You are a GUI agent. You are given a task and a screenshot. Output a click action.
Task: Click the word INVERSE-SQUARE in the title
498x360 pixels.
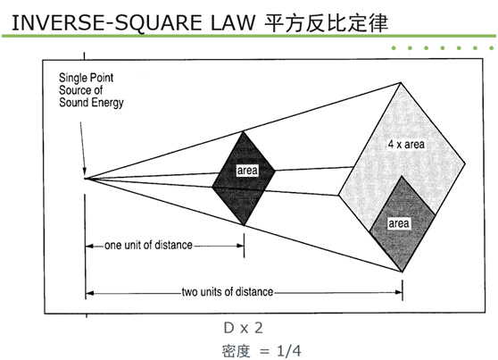coord(106,23)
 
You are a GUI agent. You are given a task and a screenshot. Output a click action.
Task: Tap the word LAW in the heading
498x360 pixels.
coord(233,23)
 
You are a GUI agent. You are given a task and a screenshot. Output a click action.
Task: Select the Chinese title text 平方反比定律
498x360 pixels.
coord(326,23)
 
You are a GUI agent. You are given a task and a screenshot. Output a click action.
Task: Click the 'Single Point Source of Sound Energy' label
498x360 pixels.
coord(91,90)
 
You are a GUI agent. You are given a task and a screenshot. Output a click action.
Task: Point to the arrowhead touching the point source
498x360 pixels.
coord(84,172)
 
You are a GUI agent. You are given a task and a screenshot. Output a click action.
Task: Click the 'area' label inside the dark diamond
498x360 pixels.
coord(247,171)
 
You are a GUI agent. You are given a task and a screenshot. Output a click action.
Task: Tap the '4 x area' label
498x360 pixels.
coord(406,145)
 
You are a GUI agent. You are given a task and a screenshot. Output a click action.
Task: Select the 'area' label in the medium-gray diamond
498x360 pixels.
coord(399,223)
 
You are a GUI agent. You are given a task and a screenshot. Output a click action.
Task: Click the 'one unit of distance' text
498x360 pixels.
coord(149,245)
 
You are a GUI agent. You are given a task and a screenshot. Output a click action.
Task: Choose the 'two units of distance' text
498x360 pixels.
coord(228,292)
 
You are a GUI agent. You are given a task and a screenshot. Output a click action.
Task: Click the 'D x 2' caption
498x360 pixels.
coord(244,328)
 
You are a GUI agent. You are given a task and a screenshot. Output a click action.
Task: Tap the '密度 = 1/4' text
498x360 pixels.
coord(261,351)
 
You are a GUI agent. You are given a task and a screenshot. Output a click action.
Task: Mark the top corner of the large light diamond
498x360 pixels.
coord(401,83)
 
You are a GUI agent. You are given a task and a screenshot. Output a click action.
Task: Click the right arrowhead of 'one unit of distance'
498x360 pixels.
coord(240,246)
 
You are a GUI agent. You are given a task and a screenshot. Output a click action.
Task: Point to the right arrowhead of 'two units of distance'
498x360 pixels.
coord(399,292)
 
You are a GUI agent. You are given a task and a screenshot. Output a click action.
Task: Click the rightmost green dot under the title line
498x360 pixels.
coord(492,48)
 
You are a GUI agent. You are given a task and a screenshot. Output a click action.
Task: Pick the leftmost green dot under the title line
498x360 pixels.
coord(394,48)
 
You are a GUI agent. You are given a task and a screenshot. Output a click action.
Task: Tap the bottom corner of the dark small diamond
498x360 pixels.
coord(244,225)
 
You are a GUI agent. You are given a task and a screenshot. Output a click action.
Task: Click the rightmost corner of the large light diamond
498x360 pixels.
coord(465,163)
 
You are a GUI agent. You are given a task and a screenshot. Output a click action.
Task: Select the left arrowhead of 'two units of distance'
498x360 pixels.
coord(89,293)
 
